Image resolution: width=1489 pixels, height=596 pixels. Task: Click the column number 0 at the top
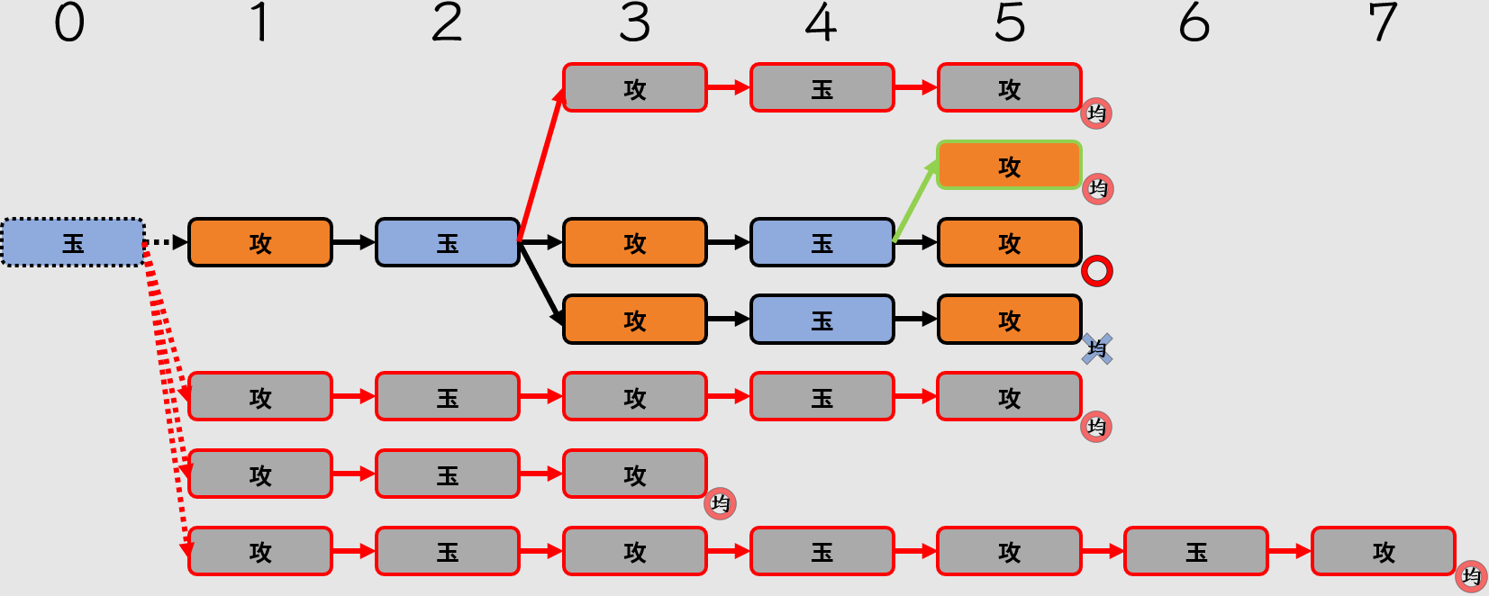69,23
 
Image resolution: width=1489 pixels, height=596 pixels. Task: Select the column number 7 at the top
1383,23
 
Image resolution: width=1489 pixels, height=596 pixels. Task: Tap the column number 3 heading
634,23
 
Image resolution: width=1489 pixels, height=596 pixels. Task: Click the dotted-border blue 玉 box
73,242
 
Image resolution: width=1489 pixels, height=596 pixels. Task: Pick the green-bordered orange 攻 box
1009,166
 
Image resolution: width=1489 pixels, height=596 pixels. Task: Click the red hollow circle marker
1097,271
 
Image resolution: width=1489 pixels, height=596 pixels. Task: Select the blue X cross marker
1097,348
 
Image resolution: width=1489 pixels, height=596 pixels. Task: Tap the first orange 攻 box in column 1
259,242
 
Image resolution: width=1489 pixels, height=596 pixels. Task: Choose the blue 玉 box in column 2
447,242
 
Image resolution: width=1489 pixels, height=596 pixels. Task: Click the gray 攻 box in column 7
1383,551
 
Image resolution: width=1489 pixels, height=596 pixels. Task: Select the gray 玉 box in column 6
1195,551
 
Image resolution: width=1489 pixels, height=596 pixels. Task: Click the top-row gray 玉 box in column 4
822,88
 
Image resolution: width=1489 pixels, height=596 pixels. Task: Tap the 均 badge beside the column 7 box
1472,576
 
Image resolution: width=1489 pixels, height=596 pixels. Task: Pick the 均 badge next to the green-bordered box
1097,189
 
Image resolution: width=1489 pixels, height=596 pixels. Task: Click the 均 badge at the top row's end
1096,113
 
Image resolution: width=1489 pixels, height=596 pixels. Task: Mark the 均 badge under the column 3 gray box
721,503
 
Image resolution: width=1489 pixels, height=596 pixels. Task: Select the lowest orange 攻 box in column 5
1009,320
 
